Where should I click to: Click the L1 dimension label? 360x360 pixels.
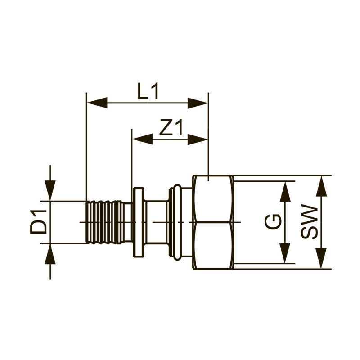pyautogui.click(x=148, y=92)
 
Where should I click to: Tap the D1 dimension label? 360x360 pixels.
pyautogui.click(x=39, y=221)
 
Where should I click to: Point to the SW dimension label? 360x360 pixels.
pyautogui.click(x=309, y=222)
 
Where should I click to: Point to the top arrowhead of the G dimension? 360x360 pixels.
pyautogui.click(x=284, y=191)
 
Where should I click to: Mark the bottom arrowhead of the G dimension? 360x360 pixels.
pyautogui.click(x=284, y=253)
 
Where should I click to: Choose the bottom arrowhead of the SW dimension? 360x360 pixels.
pyautogui.click(x=320, y=258)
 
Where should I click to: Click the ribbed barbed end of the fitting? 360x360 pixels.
pyautogui.click(x=105, y=222)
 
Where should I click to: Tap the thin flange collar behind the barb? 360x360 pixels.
pyautogui.click(x=138, y=222)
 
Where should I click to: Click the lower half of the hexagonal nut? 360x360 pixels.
pyautogui.click(x=213, y=245)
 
